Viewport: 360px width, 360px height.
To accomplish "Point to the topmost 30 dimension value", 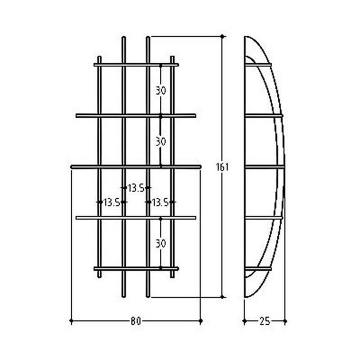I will [x=161, y=90].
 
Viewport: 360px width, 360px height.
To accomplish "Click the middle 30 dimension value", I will [x=161, y=139].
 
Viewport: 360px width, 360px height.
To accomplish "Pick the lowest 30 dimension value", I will [x=161, y=244].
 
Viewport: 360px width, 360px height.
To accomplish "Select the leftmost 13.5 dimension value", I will [x=111, y=202].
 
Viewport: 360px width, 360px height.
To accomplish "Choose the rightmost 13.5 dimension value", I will [x=159, y=202].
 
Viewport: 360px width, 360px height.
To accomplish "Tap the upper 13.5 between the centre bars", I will [x=135, y=188].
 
